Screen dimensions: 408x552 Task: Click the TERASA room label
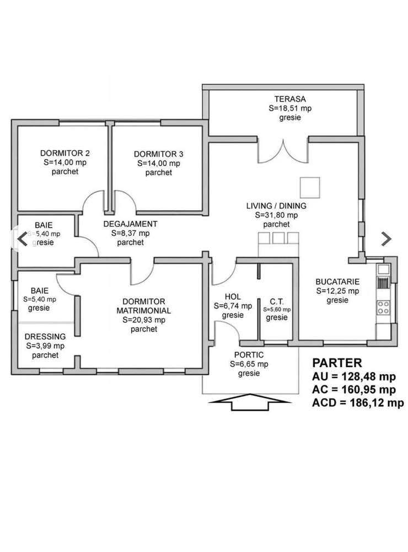point(290,99)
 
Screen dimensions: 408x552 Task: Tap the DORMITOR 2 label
point(65,153)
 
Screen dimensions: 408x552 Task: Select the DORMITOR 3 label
point(158,154)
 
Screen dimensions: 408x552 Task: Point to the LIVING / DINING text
point(276,205)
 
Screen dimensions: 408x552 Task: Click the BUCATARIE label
point(337,282)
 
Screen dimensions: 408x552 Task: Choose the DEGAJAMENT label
point(130,224)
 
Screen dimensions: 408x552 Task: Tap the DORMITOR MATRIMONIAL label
point(143,306)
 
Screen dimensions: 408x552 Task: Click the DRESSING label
point(45,337)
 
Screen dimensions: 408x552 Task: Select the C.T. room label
point(276,301)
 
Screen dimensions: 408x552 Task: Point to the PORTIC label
point(249,355)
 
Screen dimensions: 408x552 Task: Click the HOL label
point(233,297)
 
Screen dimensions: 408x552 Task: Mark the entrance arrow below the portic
point(250,402)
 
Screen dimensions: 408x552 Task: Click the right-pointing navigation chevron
point(386,239)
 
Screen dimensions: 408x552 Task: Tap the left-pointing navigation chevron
point(23,239)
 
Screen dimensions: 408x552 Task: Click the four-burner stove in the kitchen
point(383,307)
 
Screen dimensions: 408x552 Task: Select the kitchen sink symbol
point(383,269)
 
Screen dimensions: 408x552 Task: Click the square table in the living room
point(310,188)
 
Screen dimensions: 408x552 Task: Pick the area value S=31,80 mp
point(276,215)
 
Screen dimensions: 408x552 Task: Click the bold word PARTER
point(337,363)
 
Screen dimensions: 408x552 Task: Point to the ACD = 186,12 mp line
point(358,403)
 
